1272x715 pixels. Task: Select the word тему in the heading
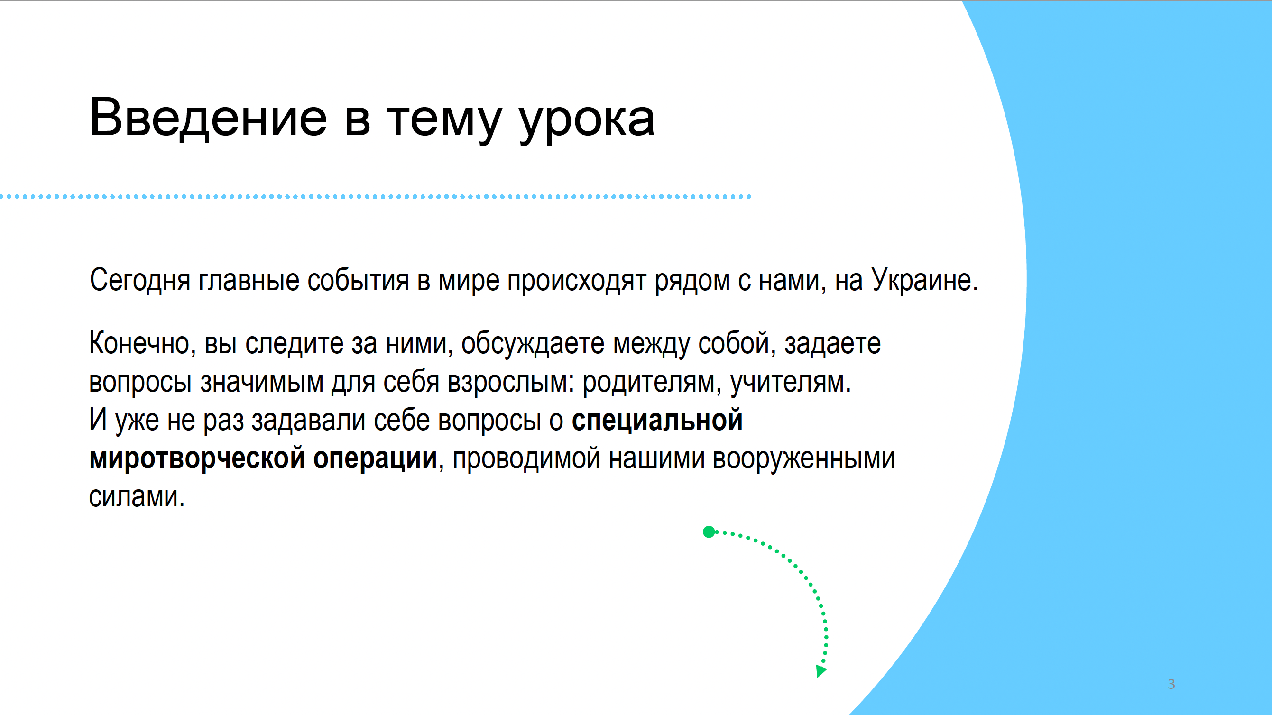pyautogui.click(x=444, y=121)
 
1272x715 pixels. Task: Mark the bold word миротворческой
pyautogui.click(x=197, y=458)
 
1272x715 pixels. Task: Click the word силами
pyautogui.click(x=137, y=497)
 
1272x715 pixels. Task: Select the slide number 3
pyautogui.click(x=1171, y=684)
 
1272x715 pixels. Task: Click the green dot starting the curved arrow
pyautogui.click(x=709, y=532)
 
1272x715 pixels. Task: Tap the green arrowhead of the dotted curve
pyautogui.click(x=820, y=671)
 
